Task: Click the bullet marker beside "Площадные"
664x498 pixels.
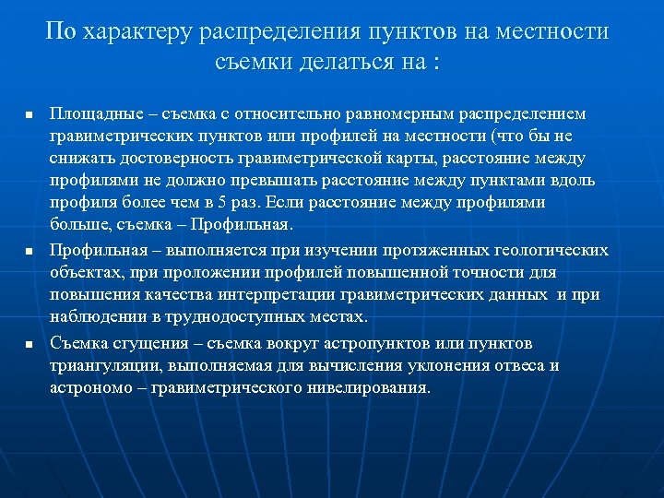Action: click(x=29, y=115)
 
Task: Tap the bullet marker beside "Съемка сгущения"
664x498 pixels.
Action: click(x=29, y=345)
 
